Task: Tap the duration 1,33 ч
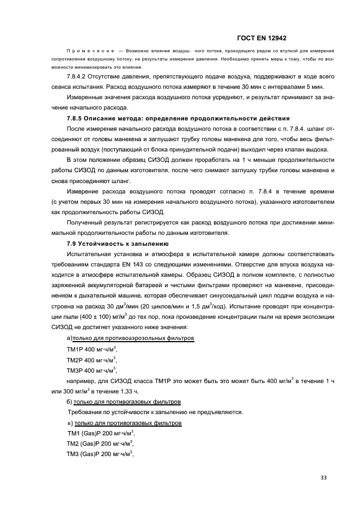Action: point(120,391)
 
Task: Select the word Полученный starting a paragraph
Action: point(86,223)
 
